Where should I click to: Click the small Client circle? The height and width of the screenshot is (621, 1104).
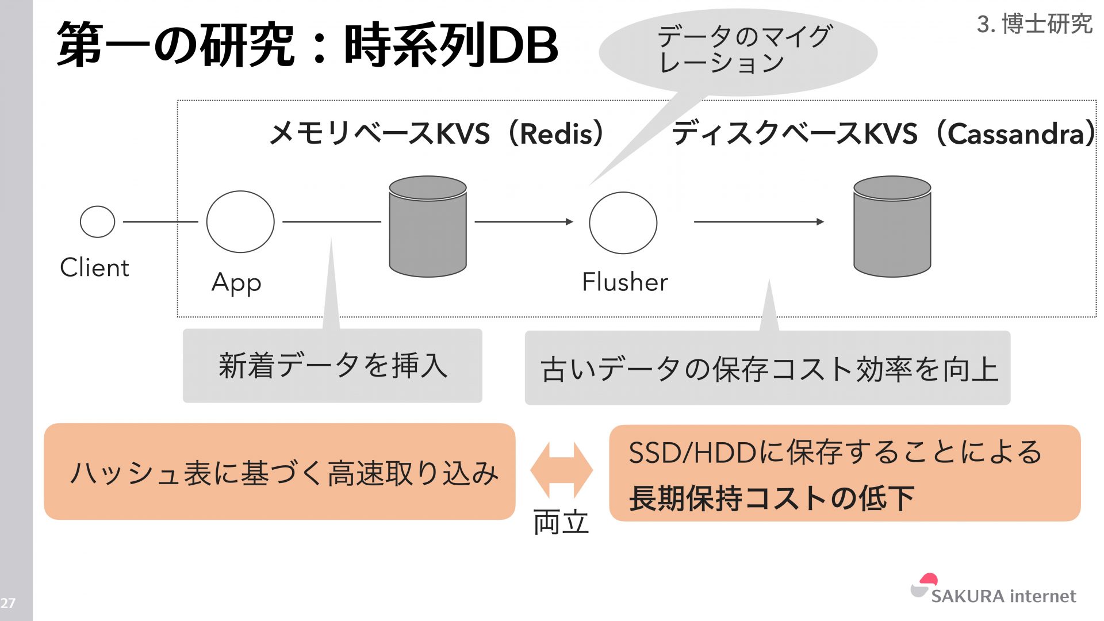[97, 221]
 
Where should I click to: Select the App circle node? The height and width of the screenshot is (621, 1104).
[240, 221]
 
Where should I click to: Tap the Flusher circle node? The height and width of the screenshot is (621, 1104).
[623, 223]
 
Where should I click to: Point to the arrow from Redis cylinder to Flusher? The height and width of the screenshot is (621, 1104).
[523, 221]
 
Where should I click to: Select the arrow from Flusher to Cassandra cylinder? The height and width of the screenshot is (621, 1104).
[758, 221]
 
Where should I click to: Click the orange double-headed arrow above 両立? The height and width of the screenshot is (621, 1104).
[561, 470]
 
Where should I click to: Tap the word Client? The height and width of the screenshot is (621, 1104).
[94, 268]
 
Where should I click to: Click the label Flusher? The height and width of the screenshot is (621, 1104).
[624, 282]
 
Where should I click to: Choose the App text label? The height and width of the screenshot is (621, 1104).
[236, 283]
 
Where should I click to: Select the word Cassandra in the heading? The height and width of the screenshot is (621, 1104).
[1015, 134]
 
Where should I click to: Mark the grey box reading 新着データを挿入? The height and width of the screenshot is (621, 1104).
[332, 366]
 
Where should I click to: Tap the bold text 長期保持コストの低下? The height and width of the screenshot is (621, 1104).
[771, 498]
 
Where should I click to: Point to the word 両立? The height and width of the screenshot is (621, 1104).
[561, 523]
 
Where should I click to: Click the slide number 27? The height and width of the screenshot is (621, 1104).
[8, 603]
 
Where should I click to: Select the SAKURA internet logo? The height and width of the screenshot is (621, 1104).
[993, 591]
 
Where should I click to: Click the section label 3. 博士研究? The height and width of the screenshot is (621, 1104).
[1034, 24]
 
